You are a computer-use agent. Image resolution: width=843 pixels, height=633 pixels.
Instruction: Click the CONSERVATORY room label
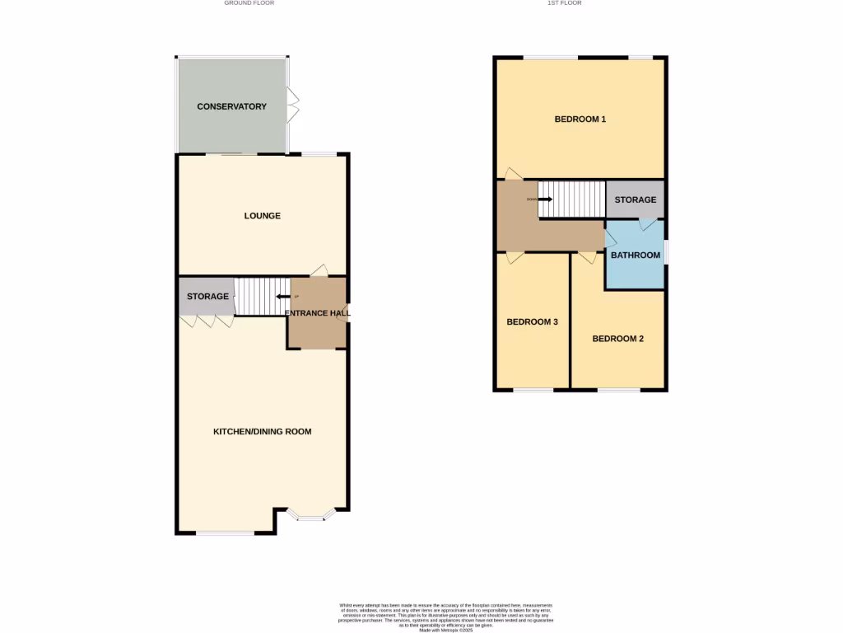[x=231, y=106]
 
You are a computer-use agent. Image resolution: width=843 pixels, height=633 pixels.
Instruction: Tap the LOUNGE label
[x=263, y=216]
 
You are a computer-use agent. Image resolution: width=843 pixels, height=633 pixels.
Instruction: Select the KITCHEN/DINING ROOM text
[x=263, y=432]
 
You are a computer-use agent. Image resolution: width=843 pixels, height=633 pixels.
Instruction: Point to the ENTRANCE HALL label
[x=317, y=313]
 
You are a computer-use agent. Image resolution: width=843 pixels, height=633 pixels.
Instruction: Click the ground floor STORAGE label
[x=207, y=297]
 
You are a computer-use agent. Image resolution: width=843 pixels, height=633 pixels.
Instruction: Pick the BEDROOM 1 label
[x=580, y=120]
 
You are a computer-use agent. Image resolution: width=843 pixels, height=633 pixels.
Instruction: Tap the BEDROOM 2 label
[x=617, y=339]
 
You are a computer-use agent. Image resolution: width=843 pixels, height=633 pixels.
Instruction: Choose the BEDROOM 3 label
[x=532, y=322]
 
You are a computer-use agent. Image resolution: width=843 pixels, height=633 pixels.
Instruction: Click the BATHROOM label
[x=635, y=256]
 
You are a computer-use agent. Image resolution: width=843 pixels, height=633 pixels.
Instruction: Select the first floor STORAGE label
[x=635, y=200]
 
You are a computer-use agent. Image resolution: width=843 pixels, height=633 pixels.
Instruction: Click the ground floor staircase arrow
[x=282, y=297]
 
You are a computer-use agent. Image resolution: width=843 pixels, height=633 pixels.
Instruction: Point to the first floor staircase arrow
[x=545, y=199]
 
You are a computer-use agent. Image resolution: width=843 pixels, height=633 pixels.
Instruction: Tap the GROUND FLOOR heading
[x=249, y=3]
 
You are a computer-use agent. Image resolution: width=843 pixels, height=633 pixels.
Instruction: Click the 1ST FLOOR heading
[x=565, y=3]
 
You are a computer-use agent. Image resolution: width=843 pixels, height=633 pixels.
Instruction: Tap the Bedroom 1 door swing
[x=512, y=173]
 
